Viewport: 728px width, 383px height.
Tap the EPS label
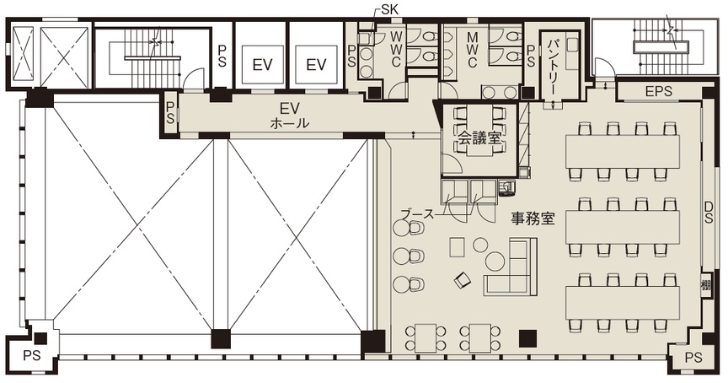(658, 91)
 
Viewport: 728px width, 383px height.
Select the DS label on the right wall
(708, 212)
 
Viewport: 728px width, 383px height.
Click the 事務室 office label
(533, 218)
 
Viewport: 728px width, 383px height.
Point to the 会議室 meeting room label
(479, 138)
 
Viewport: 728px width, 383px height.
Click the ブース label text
(417, 214)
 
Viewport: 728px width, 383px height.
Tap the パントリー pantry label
(554, 66)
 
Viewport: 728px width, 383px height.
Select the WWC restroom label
(395, 49)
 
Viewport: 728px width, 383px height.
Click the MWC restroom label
(472, 49)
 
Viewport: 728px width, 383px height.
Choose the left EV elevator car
(262, 65)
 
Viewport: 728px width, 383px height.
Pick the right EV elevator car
(316, 65)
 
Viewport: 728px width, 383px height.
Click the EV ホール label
(290, 116)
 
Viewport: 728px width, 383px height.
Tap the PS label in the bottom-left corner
(32, 356)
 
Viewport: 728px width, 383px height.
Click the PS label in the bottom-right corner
(693, 358)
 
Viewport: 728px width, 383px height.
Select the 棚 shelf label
(706, 285)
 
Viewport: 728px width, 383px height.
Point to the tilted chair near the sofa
(463, 279)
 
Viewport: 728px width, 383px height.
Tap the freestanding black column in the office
(528, 338)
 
